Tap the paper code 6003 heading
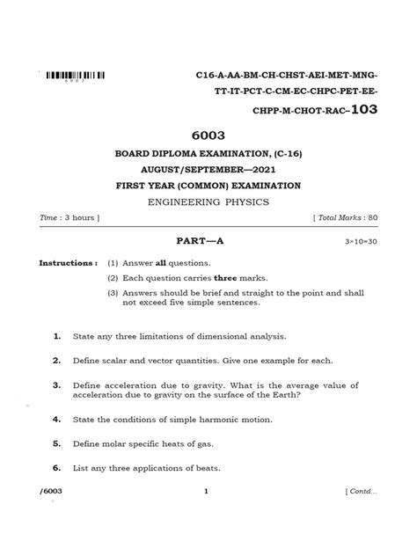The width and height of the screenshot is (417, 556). click(208, 137)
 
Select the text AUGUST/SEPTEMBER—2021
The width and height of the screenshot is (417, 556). click(208, 170)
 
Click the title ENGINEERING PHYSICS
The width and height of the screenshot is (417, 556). click(208, 201)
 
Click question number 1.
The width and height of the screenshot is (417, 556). click(55, 335)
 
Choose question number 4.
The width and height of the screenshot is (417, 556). click(55, 421)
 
